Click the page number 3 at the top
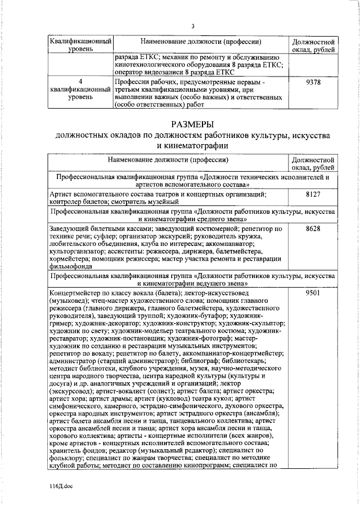(x=193, y=26)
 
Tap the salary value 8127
(x=313, y=194)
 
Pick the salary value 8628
(x=313, y=229)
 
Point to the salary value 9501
(x=313, y=294)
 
